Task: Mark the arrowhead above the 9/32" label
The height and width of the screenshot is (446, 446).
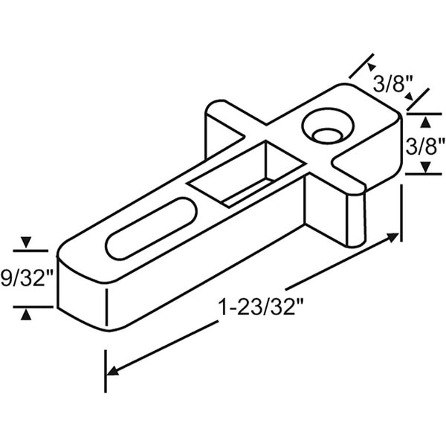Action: (x=26, y=243)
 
